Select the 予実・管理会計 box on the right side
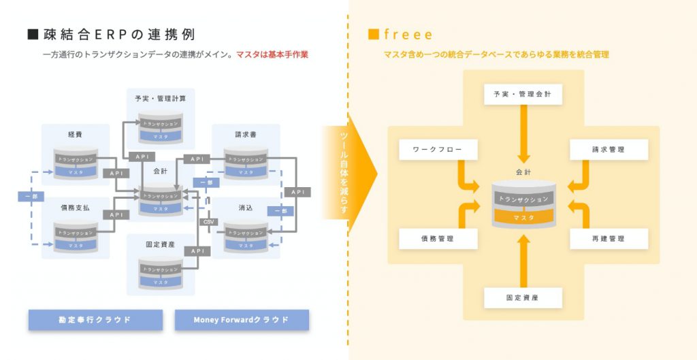(523, 95)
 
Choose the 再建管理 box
(609, 239)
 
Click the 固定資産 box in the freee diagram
(523, 297)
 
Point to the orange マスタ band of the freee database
(523, 217)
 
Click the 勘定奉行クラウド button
(95, 320)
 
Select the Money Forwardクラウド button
(242, 320)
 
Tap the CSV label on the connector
(209, 222)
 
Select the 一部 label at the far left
(29, 197)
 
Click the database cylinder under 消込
(246, 235)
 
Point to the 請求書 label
(246, 135)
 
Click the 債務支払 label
(76, 208)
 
